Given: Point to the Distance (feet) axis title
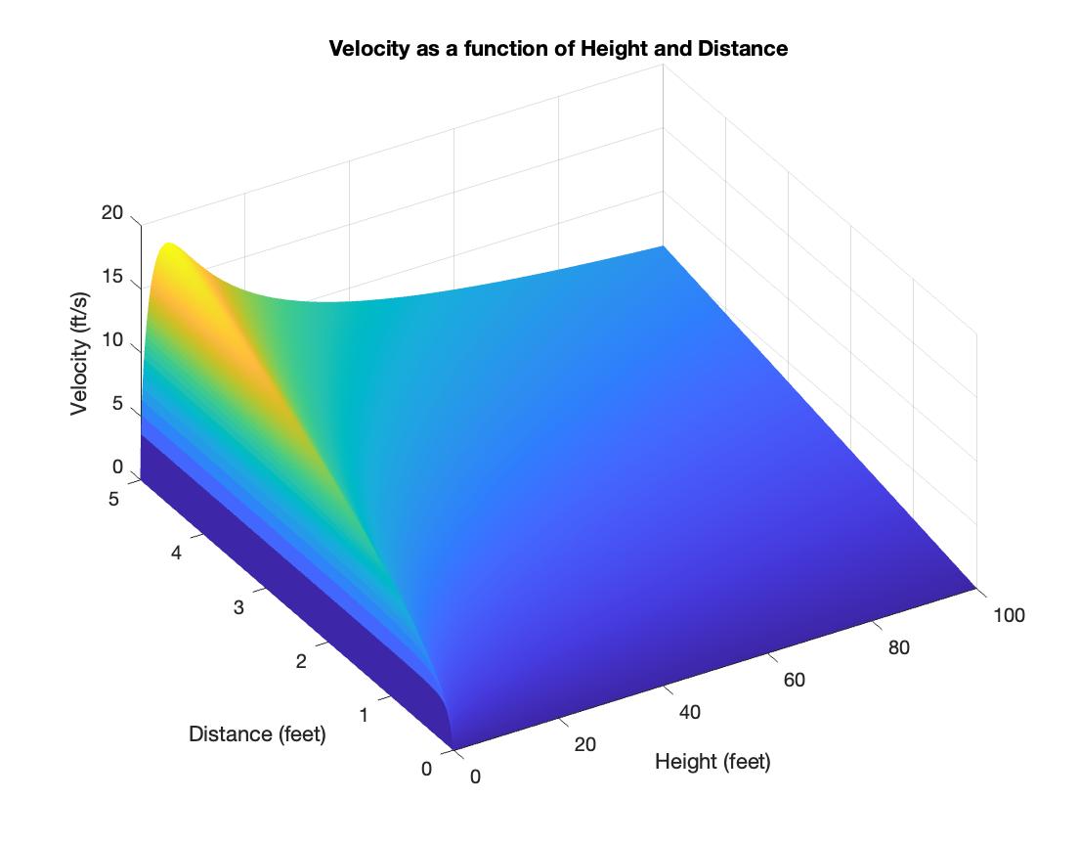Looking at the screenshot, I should coord(257,733).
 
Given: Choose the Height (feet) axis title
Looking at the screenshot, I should coord(712,761).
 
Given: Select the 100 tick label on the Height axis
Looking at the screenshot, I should coord(1009,615).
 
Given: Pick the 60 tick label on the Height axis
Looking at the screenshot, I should coord(794,680).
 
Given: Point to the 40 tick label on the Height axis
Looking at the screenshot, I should coord(689,712).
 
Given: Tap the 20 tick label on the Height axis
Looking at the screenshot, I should coord(584,744).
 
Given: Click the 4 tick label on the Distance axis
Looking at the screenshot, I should coord(176,553).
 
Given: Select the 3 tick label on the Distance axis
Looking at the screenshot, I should coord(238,607).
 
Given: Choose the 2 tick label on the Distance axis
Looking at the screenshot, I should coord(301,661).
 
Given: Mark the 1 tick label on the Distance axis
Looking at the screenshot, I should coord(364,715).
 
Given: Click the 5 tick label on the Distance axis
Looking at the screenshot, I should coord(113,499).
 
